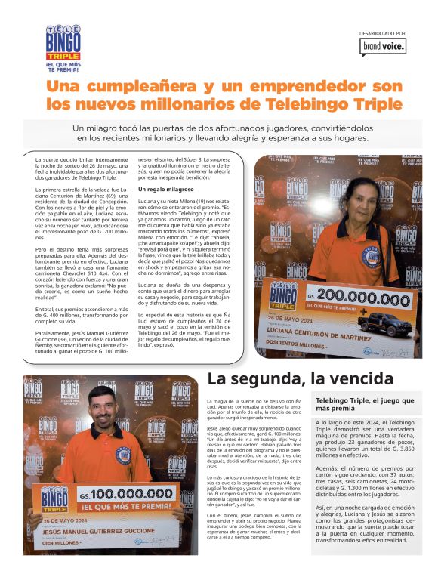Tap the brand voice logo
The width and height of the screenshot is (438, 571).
pos(382,47)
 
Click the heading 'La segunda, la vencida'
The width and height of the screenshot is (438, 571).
pos(300,378)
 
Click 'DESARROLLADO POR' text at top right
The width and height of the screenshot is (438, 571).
pos(382,34)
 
